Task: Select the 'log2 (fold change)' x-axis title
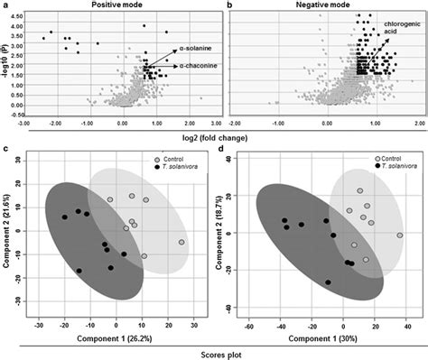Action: [x=217, y=136]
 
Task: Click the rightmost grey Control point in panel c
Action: [x=181, y=242]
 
